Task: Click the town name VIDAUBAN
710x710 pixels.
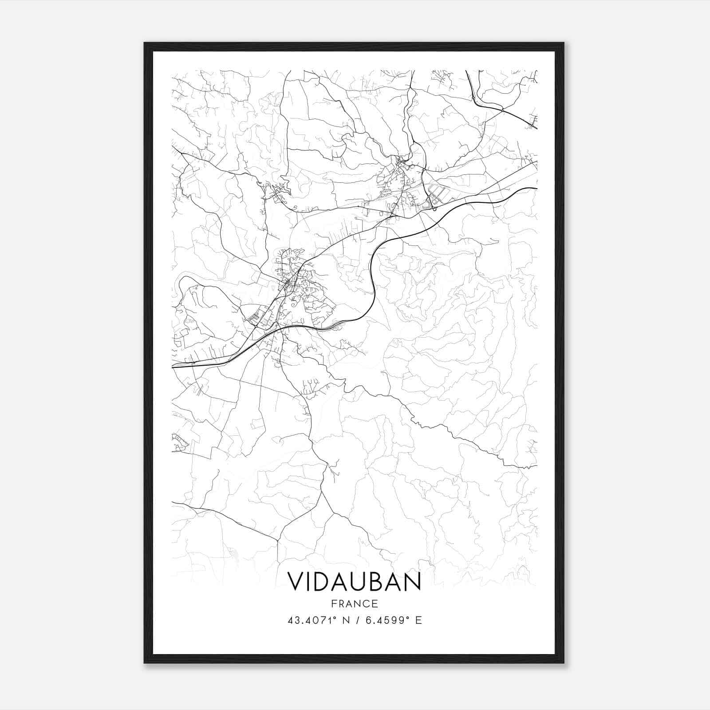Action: (x=354, y=581)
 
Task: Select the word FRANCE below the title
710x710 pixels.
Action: (x=354, y=603)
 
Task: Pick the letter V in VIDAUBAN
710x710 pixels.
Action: (x=296, y=581)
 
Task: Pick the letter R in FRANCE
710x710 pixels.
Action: (x=340, y=603)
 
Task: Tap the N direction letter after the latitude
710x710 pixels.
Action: (x=345, y=620)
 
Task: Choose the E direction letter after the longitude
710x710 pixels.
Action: (x=418, y=620)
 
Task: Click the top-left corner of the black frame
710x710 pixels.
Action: (x=145, y=43)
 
